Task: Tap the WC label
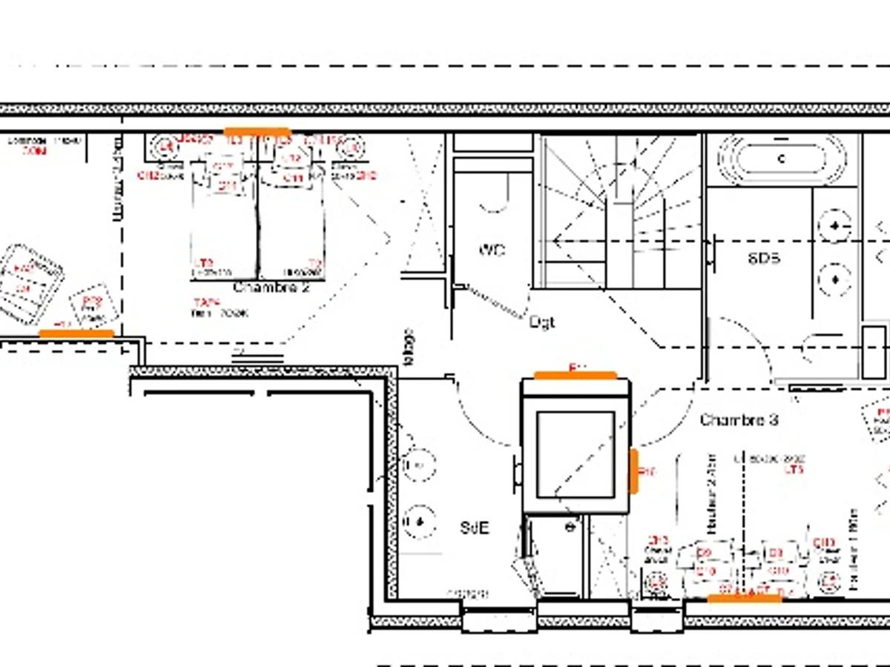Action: pyautogui.click(x=492, y=250)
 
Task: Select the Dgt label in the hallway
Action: pyautogui.click(x=542, y=322)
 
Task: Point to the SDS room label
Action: pyautogui.click(x=763, y=258)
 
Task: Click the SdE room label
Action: pyautogui.click(x=475, y=528)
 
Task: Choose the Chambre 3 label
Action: pyautogui.click(x=739, y=420)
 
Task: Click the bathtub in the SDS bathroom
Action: pyautogui.click(x=782, y=159)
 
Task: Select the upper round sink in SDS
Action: pyautogui.click(x=835, y=225)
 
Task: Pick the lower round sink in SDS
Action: pyautogui.click(x=835, y=279)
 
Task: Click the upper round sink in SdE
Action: pyautogui.click(x=418, y=465)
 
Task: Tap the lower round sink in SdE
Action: pyautogui.click(x=418, y=520)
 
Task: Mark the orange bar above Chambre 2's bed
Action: pyautogui.click(x=257, y=132)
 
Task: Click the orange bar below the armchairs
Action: pyautogui.click(x=76, y=333)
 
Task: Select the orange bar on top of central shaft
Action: pyautogui.click(x=576, y=375)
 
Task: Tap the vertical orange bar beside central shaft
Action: pyautogui.click(x=633, y=471)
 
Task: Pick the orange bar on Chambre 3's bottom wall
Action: pyautogui.click(x=745, y=598)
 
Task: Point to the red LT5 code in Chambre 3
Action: pyautogui.click(x=794, y=470)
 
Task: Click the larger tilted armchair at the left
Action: pyautogui.click(x=30, y=283)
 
